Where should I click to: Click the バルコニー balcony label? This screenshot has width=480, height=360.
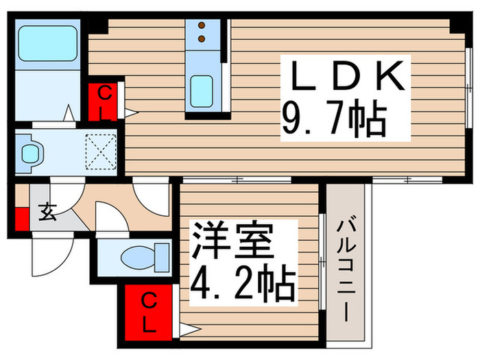(348, 267)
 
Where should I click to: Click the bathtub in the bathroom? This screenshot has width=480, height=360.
(47, 44)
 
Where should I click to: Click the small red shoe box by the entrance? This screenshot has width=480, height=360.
(22, 219)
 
